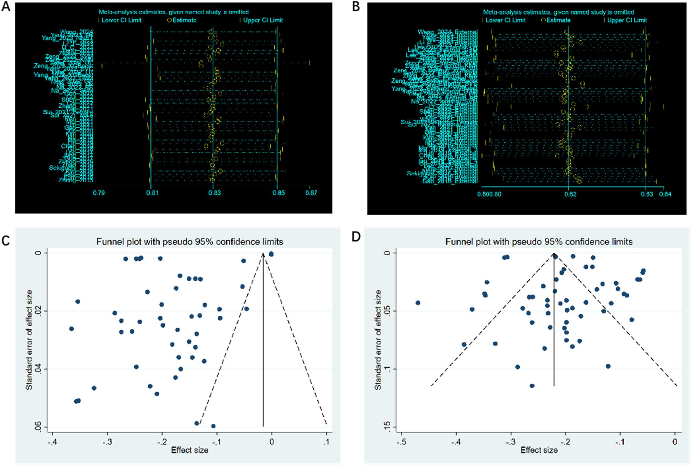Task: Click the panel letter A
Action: (x=6, y=7)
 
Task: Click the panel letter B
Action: (x=356, y=7)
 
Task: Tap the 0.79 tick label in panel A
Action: (x=99, y=193)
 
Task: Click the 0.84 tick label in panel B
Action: (x=665, y=194)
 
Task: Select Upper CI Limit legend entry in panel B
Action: (x=627, y=20)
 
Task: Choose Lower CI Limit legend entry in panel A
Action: (x=121, y=20)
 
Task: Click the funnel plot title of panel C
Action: (x=190, y=242)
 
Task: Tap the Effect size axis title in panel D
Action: (x=539, y=450)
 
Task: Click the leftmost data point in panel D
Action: (x=418, y=303)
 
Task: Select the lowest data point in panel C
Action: (x=213, y=426)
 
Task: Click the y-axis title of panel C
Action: (x=29, y=340)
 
